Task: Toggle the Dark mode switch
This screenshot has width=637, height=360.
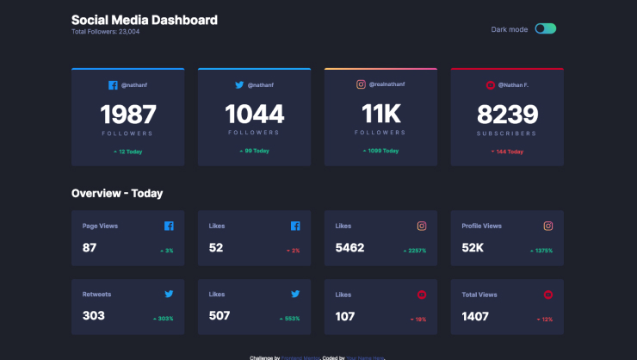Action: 545,28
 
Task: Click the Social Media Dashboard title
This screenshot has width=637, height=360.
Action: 144,20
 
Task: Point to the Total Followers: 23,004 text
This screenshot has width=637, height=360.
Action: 105,32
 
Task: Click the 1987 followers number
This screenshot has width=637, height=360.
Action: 128,115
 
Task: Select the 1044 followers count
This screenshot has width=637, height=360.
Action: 254,115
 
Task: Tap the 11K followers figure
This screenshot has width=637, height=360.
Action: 380,115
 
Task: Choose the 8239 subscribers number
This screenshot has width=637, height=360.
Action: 507,115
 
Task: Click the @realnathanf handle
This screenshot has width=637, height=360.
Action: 388,84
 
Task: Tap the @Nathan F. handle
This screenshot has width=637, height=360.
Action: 513,84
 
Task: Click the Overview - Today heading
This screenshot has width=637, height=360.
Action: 117,194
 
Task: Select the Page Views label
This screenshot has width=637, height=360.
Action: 100,226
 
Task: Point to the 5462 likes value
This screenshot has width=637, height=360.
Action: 349,248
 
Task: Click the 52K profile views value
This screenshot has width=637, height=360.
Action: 473,248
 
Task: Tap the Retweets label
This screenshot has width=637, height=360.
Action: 96,294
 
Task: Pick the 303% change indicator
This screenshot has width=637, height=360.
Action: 164,319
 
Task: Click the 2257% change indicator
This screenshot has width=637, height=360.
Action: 415,251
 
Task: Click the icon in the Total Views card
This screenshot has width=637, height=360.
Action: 548,295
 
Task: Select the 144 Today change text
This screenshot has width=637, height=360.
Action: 508,151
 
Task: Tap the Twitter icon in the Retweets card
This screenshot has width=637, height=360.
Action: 169,295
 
